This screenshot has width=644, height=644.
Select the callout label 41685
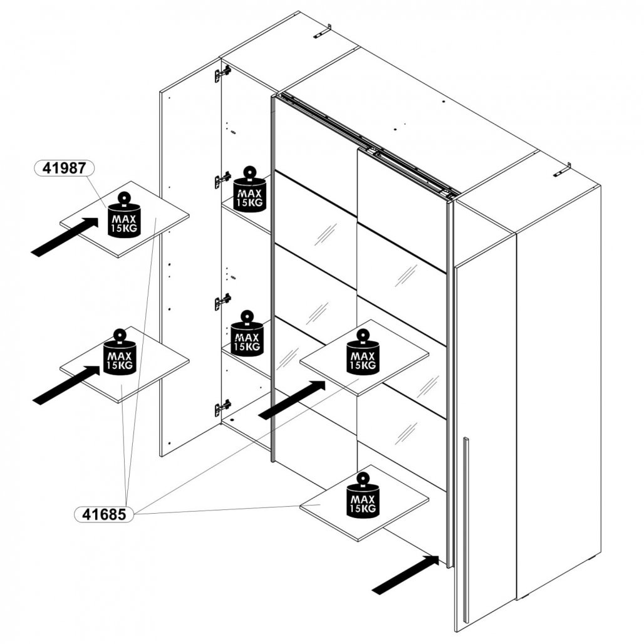[104, 514]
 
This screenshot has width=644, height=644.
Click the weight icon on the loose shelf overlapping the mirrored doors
[363, 354]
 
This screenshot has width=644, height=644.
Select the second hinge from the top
[222, 180]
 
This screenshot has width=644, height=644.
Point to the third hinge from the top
[222, 301]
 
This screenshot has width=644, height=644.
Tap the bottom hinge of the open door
[222, 407]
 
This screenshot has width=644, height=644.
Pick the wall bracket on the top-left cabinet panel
[321, 31]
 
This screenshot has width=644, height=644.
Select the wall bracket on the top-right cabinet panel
[561, 170]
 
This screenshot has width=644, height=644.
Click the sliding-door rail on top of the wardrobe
[370, 144]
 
